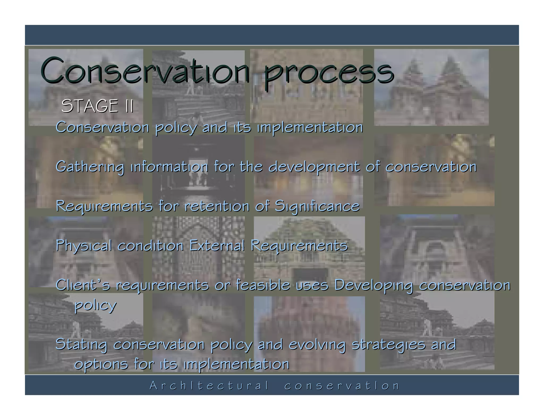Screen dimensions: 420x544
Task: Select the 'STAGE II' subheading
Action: pyautogui.click(x=97, y=106)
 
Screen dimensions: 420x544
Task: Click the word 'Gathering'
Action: pyautogui.click(x=90, y=167)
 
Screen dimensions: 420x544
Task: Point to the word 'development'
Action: pyautogui.click(x=314, y=167)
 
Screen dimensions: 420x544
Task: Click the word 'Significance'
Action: pyautogui.click(x=317, y=206)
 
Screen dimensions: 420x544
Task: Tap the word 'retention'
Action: pyautogui.click(x=217, y=206)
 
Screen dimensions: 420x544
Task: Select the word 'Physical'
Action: pyautogui.click(x=84, y=246)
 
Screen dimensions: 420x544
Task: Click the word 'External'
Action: pyautogui.click(x=217, y=245)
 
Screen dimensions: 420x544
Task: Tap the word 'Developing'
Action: pyautogui.click(x=373, y=286)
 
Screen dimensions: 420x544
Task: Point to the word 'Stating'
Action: pyautogui.click(x=81, y=345)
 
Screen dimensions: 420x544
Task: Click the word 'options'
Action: pyautogui.click(x=101, y=364)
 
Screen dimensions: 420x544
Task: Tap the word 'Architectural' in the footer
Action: pyautogui.click(x=209, y=385)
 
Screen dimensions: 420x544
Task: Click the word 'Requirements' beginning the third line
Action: pyautogui.click(x=104, y=206)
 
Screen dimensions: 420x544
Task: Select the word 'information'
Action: pyautogui.click(x=169, y=167)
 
